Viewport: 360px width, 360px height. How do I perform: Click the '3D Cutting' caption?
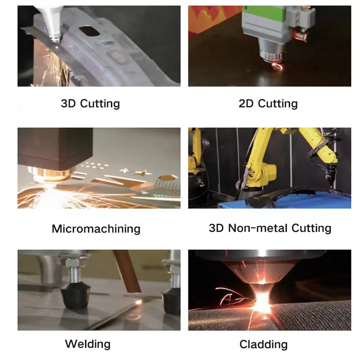tap(90, 104)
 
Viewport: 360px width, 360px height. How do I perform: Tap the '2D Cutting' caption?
tap(268, 104)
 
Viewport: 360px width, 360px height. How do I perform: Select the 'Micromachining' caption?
tap(96, 229)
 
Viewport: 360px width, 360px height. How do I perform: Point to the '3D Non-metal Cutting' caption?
tap(270, 228)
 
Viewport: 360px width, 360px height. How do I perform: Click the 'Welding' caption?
tap(87, 343)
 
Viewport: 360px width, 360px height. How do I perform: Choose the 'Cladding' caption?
tap(264, 344)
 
